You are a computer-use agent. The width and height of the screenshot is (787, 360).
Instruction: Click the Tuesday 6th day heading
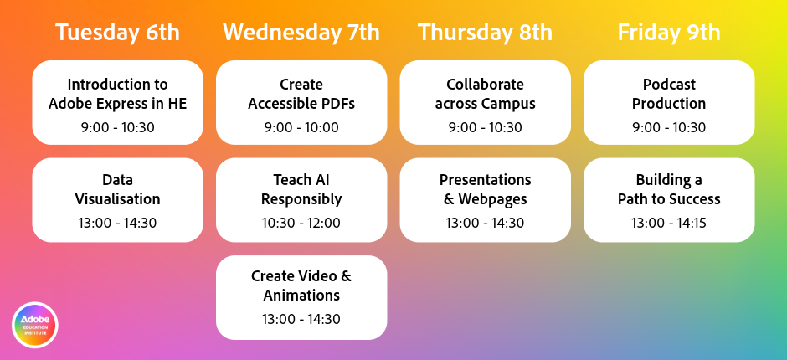point(117,33)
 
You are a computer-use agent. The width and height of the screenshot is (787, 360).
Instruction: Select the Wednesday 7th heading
point(301,33)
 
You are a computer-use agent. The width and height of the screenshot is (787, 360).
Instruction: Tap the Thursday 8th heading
point(485,33)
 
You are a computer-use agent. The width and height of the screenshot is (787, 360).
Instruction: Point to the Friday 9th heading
point(669,33)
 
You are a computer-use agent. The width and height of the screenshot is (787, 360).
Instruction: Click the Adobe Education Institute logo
point(35,325)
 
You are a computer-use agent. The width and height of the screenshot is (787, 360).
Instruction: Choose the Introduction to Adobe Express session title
point(117,94)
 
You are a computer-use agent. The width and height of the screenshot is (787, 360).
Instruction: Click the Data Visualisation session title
point(117,189)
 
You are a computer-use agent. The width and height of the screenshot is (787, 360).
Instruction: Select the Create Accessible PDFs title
point(301,94)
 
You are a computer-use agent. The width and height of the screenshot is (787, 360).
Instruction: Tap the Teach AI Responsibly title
point(301,189)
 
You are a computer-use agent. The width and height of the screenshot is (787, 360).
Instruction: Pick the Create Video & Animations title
point(301,285)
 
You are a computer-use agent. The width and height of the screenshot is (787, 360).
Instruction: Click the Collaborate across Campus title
point(485,94)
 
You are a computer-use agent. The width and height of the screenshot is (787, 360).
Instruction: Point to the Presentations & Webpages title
point(485,189)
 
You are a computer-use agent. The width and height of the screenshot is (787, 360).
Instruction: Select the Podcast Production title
point(669,94)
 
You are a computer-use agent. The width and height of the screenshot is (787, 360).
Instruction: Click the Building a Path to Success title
point(669,189)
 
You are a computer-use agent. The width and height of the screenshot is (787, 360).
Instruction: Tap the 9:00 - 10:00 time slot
point(301,127)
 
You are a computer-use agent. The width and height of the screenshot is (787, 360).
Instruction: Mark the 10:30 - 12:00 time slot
point(301,223)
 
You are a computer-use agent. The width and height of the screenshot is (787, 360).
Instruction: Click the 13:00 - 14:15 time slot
point(669,223)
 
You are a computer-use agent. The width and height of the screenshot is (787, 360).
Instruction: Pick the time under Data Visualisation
point(117,223)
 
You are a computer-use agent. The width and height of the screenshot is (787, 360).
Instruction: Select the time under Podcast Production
point(669,127)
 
